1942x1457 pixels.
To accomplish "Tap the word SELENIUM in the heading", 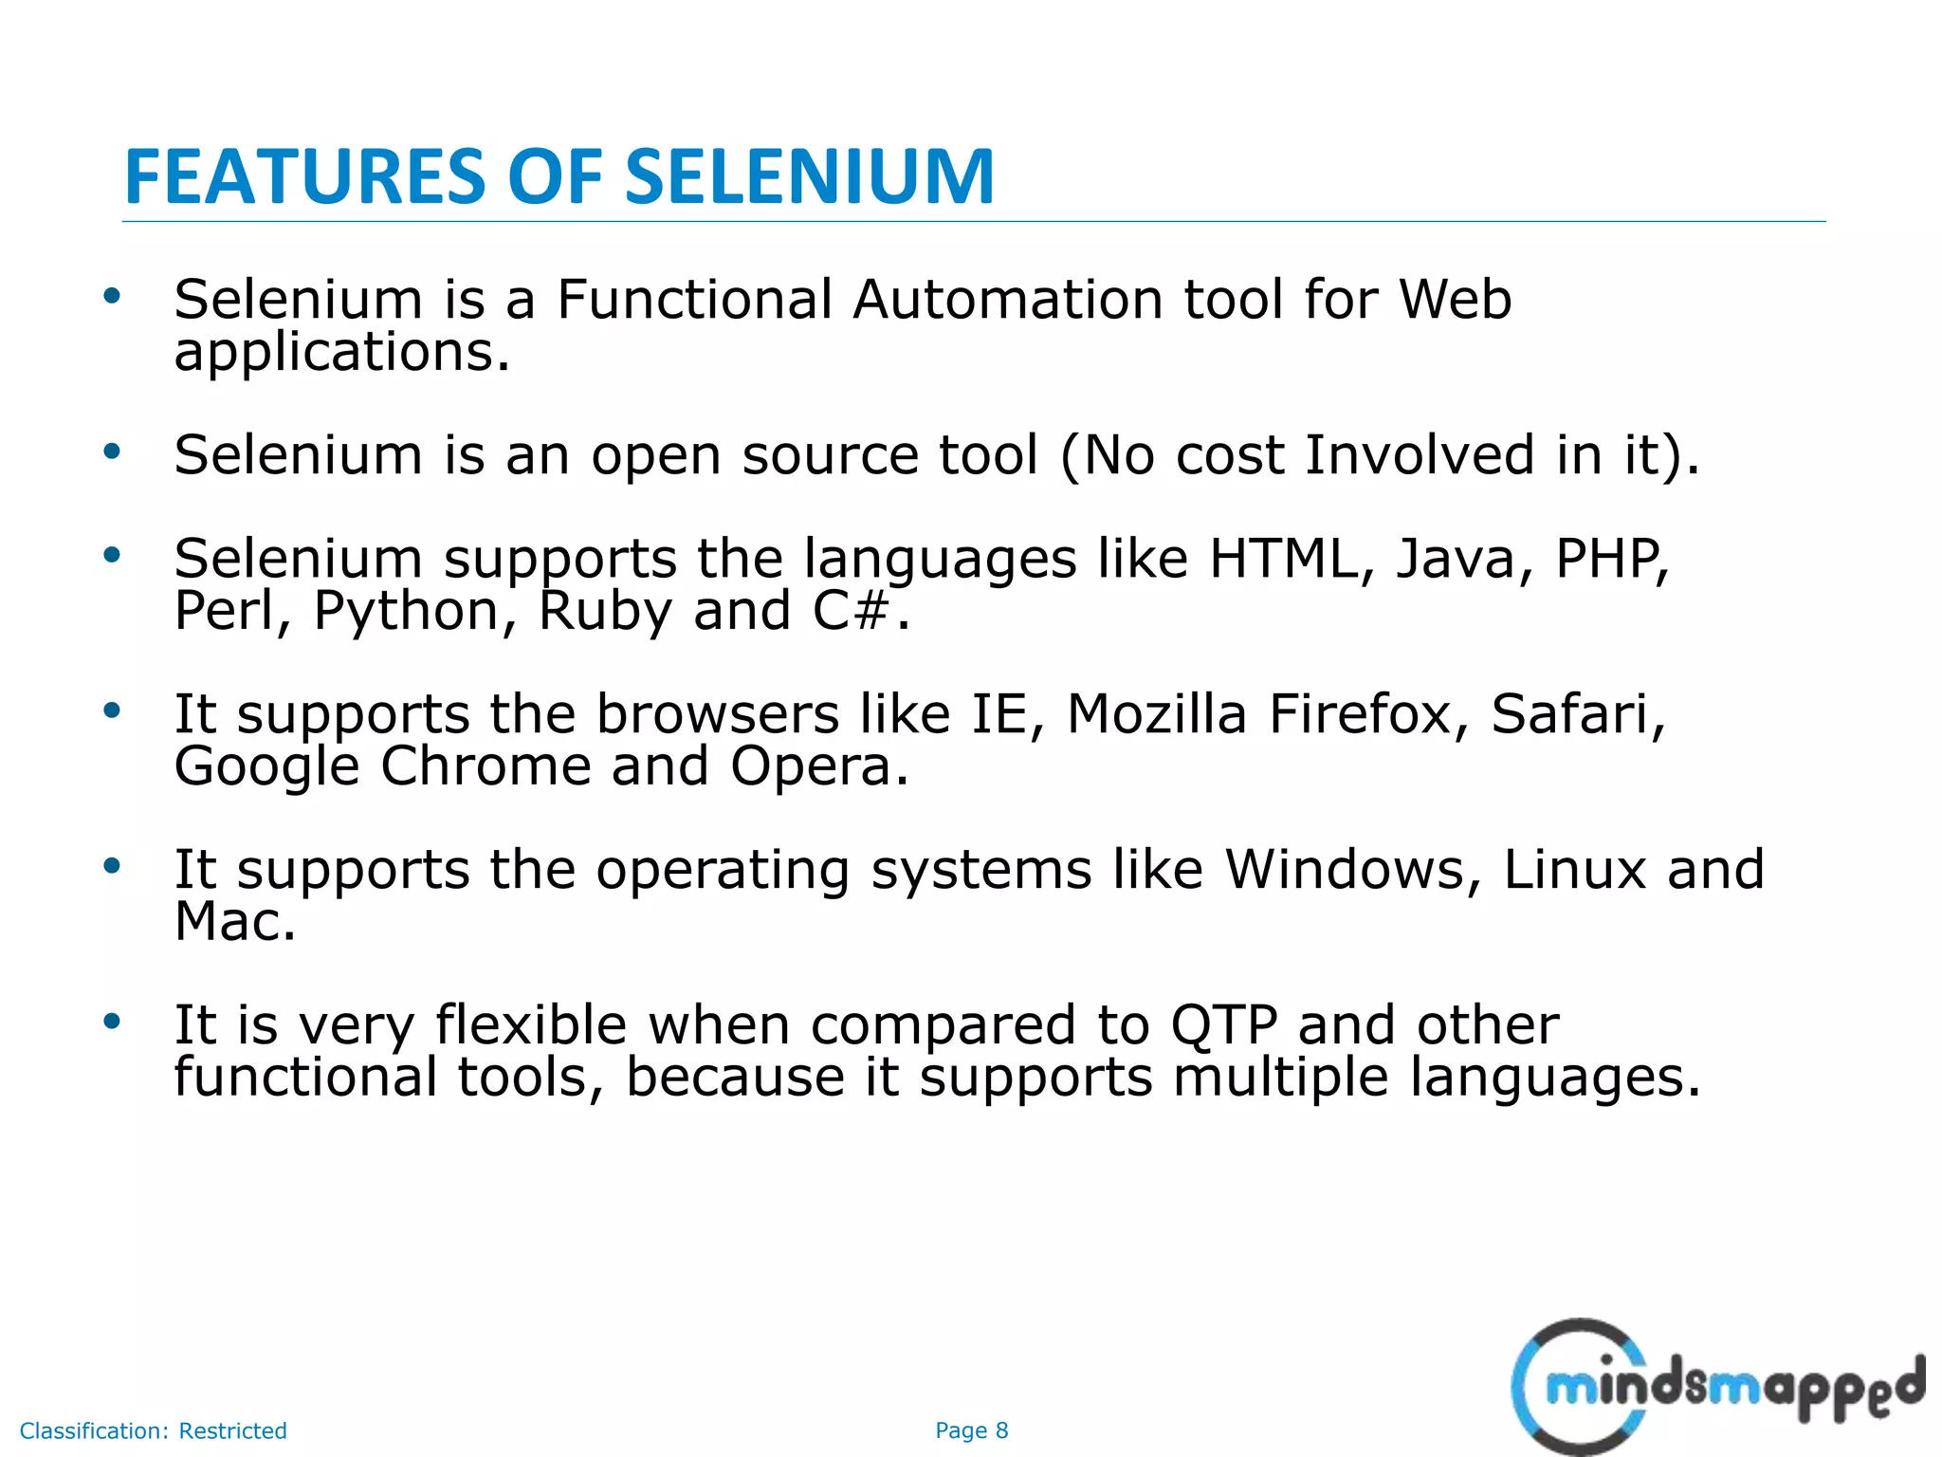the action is point(810,177).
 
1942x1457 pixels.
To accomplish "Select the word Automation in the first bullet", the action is point(1007,300).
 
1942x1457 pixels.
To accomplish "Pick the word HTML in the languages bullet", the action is point(1284,559).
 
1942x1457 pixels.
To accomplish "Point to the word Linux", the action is point(1574,870).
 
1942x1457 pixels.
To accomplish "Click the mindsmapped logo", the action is point(1717,1387).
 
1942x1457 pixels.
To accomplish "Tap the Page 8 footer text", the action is point(971,1430).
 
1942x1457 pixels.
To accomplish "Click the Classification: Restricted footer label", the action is point(153,1430).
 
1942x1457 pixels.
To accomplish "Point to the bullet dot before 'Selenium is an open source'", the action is point(112,452).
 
